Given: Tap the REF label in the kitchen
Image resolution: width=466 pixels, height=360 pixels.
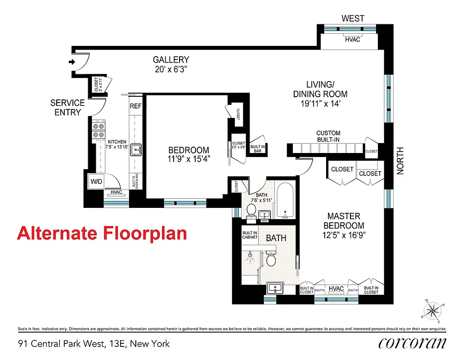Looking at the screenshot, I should point(135,107).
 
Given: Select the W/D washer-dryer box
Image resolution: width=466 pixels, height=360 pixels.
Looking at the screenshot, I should point(97,181).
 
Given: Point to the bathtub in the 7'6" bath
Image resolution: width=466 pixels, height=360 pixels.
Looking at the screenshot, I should point(284,201).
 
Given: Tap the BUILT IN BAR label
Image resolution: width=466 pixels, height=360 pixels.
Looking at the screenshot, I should point(257,149).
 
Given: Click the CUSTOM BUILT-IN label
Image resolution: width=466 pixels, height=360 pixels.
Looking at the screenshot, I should point(328,136).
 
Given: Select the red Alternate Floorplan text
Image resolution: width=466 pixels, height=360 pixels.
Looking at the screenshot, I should point(102,234).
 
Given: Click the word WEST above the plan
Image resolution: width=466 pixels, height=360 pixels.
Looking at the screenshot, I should point(353,18).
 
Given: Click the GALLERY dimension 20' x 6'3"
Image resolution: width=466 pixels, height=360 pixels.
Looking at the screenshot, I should point(170,70).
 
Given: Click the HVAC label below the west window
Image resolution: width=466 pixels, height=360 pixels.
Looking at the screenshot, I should point(353,40).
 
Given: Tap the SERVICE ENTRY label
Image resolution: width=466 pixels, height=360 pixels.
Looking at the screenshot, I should point(67,108).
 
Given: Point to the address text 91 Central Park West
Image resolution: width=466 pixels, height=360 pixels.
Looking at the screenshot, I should point(94,343).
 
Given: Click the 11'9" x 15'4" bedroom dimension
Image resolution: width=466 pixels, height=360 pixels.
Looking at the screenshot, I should point(188,158).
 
